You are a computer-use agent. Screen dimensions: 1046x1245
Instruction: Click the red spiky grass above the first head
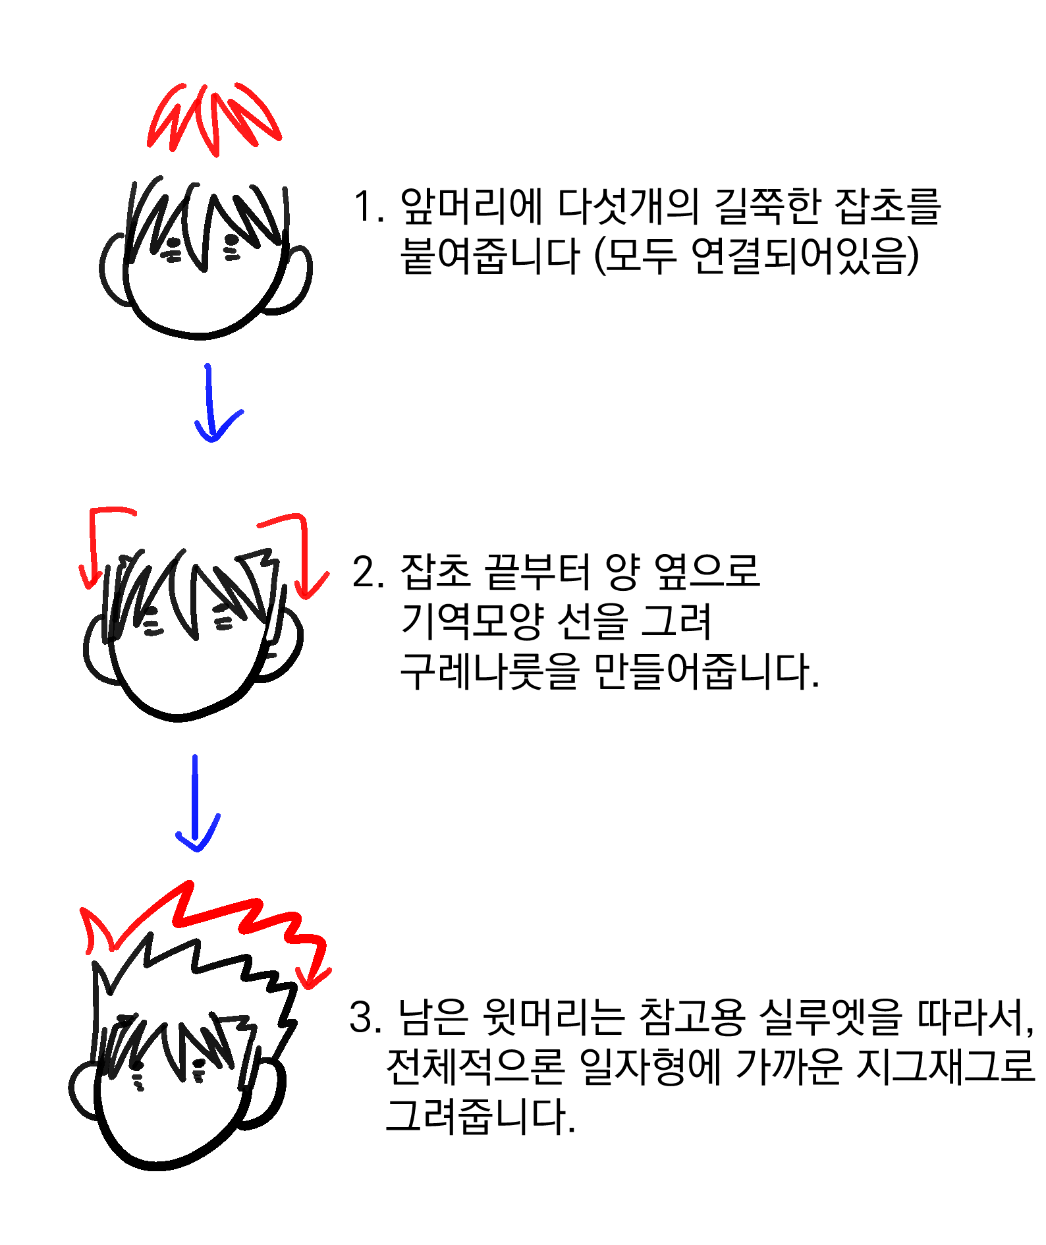pos(213,119)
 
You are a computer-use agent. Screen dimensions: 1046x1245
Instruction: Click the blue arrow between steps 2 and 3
pos(196,804)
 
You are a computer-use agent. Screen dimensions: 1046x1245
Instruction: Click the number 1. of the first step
pos(368,207)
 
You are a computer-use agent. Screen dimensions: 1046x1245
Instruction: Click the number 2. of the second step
pos(368,572)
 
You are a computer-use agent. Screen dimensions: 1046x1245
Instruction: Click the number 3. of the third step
pos(365,1016)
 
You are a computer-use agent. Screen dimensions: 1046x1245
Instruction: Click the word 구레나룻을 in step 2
pos(490,672)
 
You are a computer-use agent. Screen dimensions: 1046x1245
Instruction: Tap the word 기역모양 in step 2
pos(472,622)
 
